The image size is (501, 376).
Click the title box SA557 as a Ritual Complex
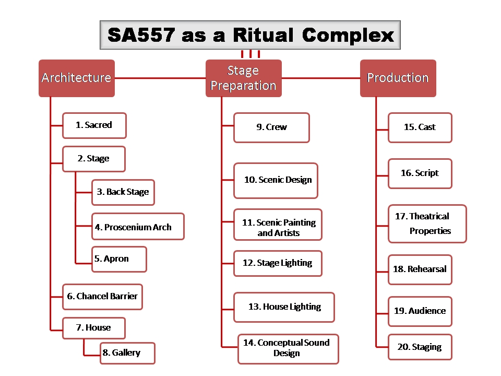[250, 35]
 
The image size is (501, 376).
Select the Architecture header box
[77, 78]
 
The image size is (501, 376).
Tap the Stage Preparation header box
[244, 78]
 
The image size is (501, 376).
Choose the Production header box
[398, 78]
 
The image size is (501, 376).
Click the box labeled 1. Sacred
[94, 125]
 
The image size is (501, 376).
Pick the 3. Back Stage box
[123, 192]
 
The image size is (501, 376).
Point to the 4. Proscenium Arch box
[138, 226]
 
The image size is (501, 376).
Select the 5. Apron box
[119, 259]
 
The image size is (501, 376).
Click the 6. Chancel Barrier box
[102, 297]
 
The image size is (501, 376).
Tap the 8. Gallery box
[127, 353]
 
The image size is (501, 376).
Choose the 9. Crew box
[271, 127]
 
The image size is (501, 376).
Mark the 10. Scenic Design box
[276, 180]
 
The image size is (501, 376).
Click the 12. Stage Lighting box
[278, 263]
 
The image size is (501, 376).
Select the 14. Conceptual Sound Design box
[288, 349]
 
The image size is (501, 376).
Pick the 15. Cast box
[420, 127]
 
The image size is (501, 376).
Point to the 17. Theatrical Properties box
[427, 224]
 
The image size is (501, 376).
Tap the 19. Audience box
[420, 311]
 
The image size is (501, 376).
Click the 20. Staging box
[420, 347]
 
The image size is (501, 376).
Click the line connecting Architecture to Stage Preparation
[160, 78]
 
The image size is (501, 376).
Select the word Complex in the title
[348, 35]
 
